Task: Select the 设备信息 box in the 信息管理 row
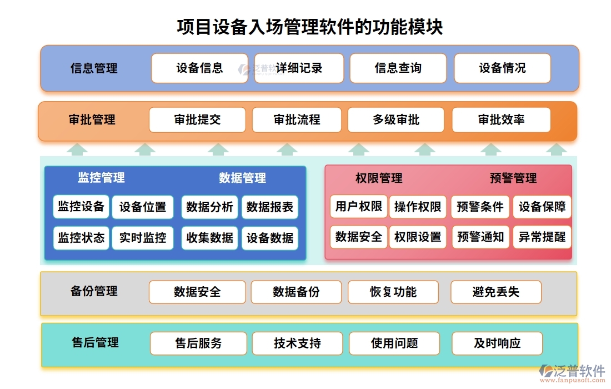[199, 68]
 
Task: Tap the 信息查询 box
[398, 68]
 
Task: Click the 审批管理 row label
[92, 119]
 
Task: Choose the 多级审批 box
[395, 120]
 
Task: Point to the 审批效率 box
[501, 120]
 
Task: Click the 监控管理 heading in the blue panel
[101, 178]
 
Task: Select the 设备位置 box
[143, 207]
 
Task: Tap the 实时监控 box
[143, 238]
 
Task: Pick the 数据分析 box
[209, 207]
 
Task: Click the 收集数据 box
[209, 238]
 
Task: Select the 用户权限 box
[358, 207]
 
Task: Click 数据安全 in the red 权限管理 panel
[358, 237]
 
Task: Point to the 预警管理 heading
[513, 178]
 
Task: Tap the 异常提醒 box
[542, 237]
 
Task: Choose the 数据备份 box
[296, 292]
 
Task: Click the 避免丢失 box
[495, 292]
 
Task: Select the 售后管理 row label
[95, 343]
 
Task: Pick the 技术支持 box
[297, 343]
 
